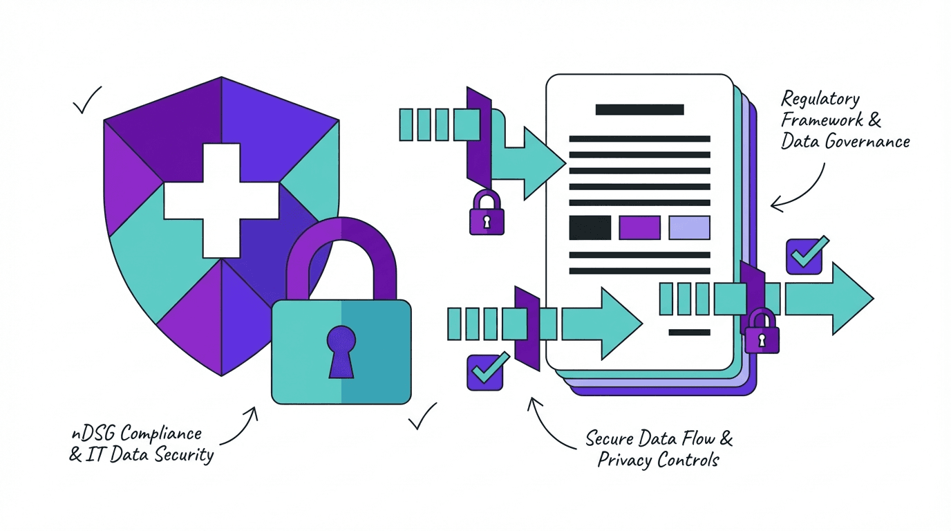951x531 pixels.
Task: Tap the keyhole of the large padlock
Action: coord(341,348)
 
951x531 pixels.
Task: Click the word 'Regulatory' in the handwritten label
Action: coord(820,100)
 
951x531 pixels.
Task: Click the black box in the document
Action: coord(590,227)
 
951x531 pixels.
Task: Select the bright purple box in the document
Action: coord(639,227)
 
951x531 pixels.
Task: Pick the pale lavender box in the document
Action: coord(689,227)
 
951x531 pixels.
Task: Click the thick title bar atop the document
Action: coord(639,109)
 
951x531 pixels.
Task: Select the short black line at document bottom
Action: coord(689,332)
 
